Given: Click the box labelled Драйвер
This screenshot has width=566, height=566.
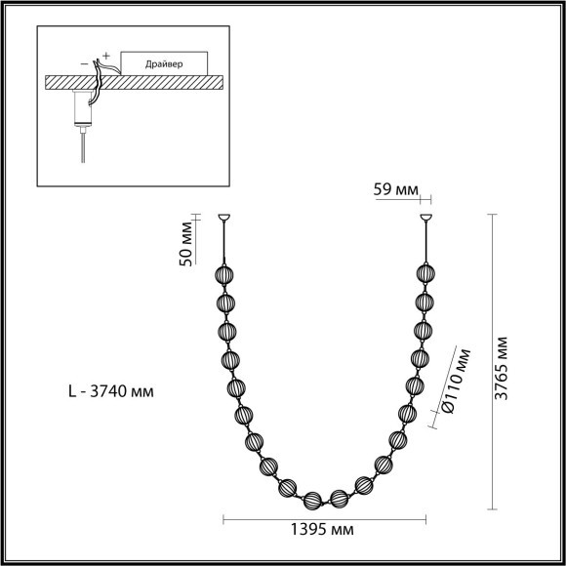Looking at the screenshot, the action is point(164,63).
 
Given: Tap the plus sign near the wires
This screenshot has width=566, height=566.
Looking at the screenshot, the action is point(105,56).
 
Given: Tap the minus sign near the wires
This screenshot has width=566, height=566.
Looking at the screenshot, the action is point(85,63).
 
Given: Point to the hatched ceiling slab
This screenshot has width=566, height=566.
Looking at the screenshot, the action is point(134,82).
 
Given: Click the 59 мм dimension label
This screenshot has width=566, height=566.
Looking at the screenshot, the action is point(395,189).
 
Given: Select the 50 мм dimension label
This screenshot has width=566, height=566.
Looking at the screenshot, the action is point(185,244).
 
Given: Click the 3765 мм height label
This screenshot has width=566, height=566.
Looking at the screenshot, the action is point(501,369).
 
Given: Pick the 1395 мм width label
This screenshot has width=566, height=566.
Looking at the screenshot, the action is point(322,530).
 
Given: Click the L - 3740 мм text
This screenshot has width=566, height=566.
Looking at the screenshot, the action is point(111,391).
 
